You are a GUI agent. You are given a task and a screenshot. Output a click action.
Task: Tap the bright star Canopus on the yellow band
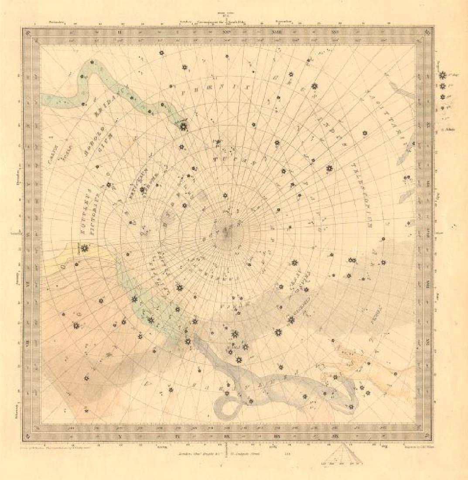tap(84, 248)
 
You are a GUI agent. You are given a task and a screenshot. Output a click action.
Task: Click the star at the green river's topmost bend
tap(92, 62)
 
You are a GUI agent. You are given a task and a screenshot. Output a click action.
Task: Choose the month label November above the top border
tap(56, 21)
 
